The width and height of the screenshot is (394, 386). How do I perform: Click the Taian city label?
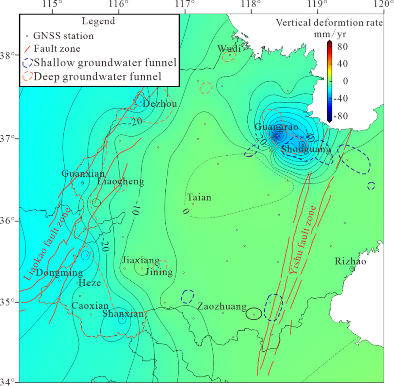tap(199, 198)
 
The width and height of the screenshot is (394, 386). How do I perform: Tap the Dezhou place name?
tap(160, 104)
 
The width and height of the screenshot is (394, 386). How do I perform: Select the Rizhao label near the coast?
tap(351, 261)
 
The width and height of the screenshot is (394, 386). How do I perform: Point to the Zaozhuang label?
tap(222, 307)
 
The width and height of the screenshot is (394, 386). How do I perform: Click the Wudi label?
tap(229, 49)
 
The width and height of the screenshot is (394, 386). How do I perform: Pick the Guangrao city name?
tap(276, 127)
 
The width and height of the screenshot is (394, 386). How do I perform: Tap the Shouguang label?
tap(306, 149)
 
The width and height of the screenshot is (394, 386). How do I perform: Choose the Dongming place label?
tap(59, 272)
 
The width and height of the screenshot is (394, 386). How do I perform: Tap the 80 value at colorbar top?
tap(342, 46)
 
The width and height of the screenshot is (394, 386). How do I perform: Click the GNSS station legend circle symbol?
tap(27, 36)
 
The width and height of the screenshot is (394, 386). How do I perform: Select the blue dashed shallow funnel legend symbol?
tap(28, 62)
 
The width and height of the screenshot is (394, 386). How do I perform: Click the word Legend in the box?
tap(98, 21)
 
